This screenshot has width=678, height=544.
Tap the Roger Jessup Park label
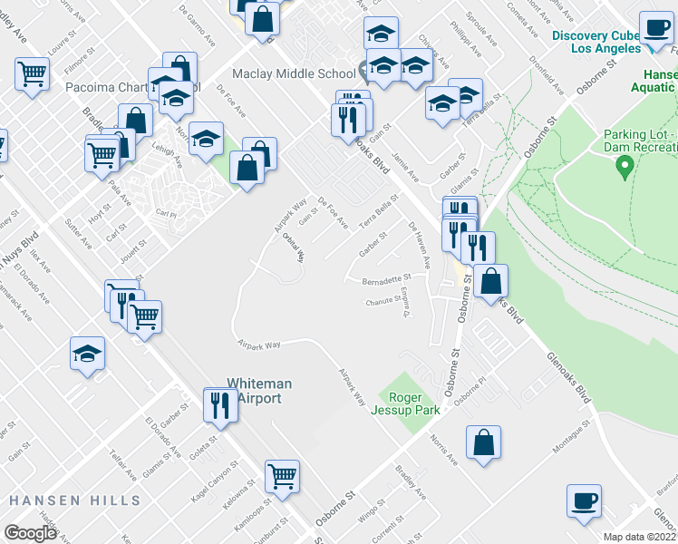414,403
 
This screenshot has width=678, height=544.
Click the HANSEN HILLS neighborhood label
74,500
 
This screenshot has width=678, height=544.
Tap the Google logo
30,532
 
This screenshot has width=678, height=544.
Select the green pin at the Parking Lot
624,166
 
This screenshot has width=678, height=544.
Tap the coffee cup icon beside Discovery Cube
655,26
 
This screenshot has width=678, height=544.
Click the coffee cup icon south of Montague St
584,500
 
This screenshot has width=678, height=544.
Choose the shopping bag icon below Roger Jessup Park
484,442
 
